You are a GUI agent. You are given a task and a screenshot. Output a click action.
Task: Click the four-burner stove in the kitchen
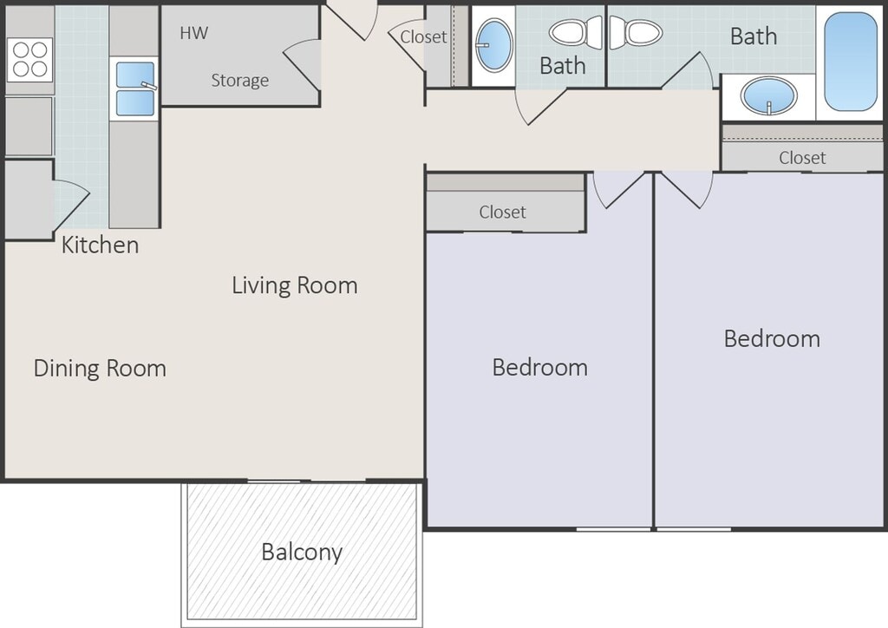[30, 60]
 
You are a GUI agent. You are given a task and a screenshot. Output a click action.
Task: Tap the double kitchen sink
[134, 88]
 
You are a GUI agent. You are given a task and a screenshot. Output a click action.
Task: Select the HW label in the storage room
[193, 33]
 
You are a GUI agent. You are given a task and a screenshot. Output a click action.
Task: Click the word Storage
[239, 81]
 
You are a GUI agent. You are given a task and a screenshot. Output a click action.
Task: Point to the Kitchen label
[101, 245]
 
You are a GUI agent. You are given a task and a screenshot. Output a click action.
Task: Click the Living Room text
[295, 285]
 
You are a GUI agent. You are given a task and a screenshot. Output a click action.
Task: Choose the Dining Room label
[100, 368]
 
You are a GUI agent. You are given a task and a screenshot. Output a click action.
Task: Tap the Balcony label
[302, 553]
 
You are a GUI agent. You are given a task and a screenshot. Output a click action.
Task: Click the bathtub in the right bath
[851, 62]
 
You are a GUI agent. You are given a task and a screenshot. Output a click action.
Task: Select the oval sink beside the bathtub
[769, 95]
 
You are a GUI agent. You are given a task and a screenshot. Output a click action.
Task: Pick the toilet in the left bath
[576, 33]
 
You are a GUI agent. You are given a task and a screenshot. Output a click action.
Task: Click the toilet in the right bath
[636, 33]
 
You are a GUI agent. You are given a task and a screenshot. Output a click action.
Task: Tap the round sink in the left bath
[493, 45]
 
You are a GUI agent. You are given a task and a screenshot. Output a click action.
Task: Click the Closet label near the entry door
[423, 36]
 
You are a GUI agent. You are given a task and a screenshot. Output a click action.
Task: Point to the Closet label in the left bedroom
[502, 212]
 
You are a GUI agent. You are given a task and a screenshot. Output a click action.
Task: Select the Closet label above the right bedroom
[802, 157]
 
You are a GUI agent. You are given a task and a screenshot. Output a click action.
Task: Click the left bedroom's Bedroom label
[539, 368]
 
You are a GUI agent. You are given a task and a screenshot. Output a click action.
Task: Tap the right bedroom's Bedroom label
[772, 338]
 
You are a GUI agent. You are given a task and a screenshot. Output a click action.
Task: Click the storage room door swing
[302, 65]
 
